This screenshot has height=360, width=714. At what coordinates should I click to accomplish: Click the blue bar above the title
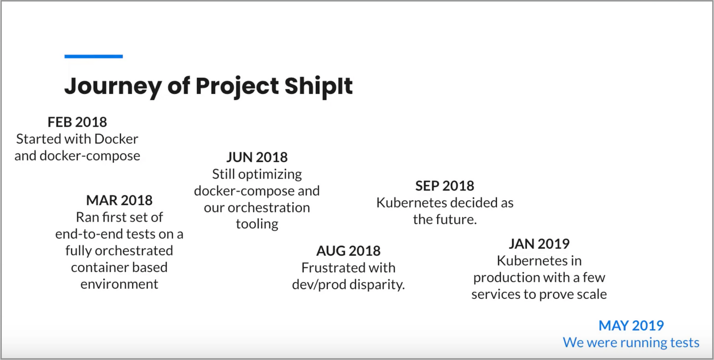(x=94, y=56)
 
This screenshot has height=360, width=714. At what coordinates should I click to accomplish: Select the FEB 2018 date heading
(x=77, y=122)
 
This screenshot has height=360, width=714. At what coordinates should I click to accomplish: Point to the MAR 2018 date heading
(x=119, y=200)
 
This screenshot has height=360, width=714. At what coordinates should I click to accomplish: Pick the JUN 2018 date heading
(x=257, y=157)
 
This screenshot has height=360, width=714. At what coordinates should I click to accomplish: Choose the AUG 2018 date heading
(x=348, y=251)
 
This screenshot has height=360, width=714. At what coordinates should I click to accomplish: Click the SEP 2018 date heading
(x=445, y=186)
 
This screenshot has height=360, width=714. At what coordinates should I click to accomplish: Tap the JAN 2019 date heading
(x=539, y=244)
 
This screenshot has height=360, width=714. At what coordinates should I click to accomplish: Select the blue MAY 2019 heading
(x=631, y=325)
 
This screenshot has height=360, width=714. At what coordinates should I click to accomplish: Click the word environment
(x=119, y=284)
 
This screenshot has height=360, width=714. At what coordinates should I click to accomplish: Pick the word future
(x=457, y=219)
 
